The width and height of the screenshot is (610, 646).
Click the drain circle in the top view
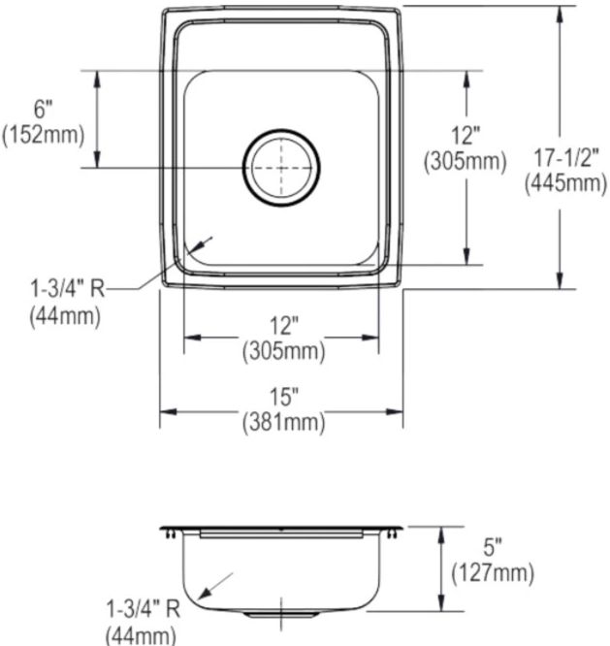click(281, 129)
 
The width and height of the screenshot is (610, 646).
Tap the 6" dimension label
click(44, 110)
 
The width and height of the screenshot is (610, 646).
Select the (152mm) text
click(44, 135)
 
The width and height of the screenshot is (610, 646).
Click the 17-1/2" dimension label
click(565, 158)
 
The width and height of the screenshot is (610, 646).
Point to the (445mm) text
click(565, 182)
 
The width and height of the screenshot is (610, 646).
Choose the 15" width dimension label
click(283, 397)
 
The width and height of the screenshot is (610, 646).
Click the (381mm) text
click(284, 422)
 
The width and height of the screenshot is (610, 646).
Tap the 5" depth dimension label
click(493, 547)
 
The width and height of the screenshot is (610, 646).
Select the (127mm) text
click(493, 573)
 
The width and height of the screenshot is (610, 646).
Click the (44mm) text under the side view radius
click(141, 635)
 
